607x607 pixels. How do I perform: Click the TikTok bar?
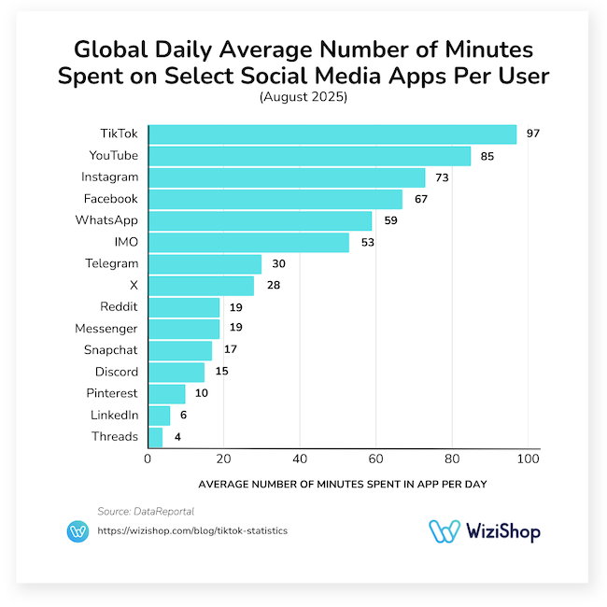coord(332,134)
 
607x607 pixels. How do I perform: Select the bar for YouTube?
coord(309,155)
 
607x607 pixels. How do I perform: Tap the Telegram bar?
coord(205,263)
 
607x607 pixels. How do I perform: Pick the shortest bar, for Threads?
coord(155,437)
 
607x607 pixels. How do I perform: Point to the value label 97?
coord(533,134)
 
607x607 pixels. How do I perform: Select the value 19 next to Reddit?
coord(236,307)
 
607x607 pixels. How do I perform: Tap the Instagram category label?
coord(110,176)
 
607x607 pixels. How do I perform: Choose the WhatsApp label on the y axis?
coord(106,220)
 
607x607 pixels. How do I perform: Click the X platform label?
coord(134,285)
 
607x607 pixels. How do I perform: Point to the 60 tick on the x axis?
coord(375,459)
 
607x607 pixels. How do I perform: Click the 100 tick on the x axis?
coord(528,459)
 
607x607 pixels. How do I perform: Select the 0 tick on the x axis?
coord(148,459)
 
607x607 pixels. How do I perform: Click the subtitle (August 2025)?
coord(303,96)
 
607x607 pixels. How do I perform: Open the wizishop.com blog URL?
coord(192,530)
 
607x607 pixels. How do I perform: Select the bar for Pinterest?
coord(166,394)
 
